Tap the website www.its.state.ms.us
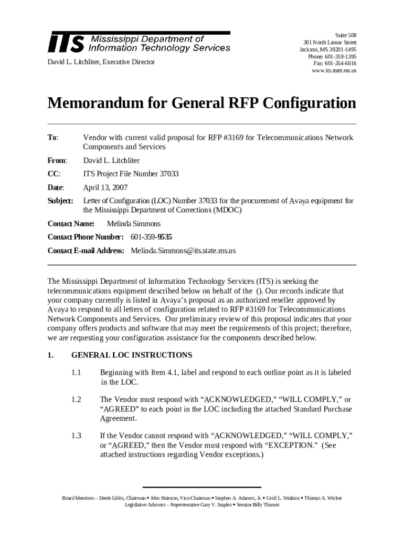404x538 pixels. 333,70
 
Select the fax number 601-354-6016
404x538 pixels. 335,64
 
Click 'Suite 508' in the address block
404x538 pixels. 345,35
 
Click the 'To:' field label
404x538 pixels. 52,138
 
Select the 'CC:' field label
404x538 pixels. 54,174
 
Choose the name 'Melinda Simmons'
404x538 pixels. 133,224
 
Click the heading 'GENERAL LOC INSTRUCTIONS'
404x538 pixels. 131,355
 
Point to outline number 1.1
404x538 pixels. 77,373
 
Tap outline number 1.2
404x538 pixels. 77,400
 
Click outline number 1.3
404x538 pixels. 77,436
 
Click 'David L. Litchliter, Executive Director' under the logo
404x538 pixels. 101,62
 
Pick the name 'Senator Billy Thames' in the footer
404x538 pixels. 258,505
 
